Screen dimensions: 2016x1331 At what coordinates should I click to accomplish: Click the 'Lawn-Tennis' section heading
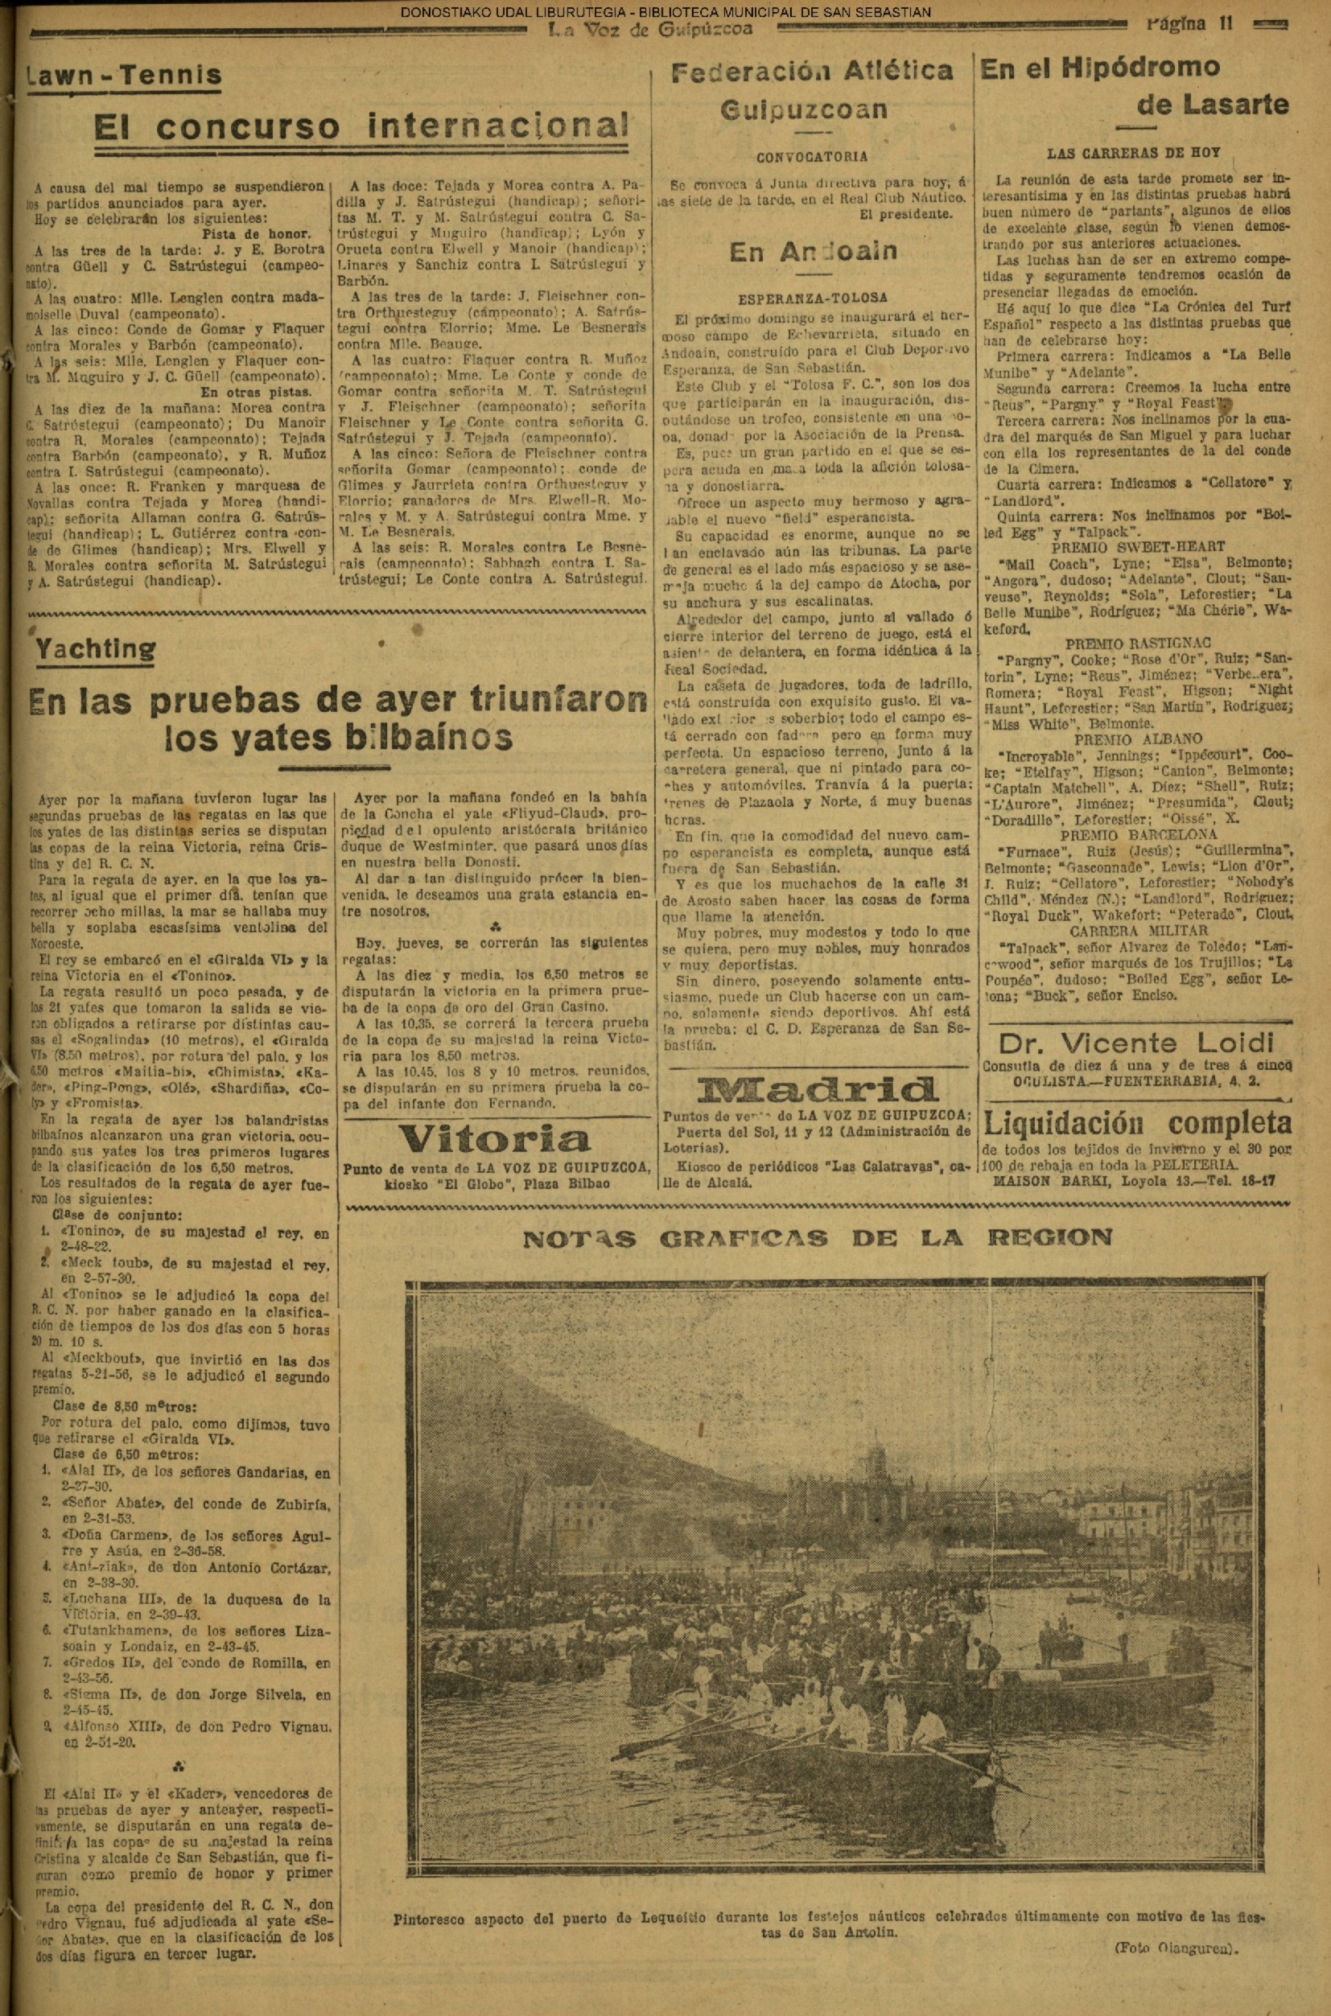pos(124,75)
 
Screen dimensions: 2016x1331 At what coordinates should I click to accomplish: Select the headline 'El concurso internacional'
pos(361,127)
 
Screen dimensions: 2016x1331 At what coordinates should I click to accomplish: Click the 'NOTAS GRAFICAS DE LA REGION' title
pos(817,1237)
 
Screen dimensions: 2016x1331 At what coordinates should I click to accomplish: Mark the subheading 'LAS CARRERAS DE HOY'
pos(1134,154)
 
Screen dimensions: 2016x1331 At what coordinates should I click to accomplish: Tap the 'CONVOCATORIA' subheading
pos(812,156)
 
